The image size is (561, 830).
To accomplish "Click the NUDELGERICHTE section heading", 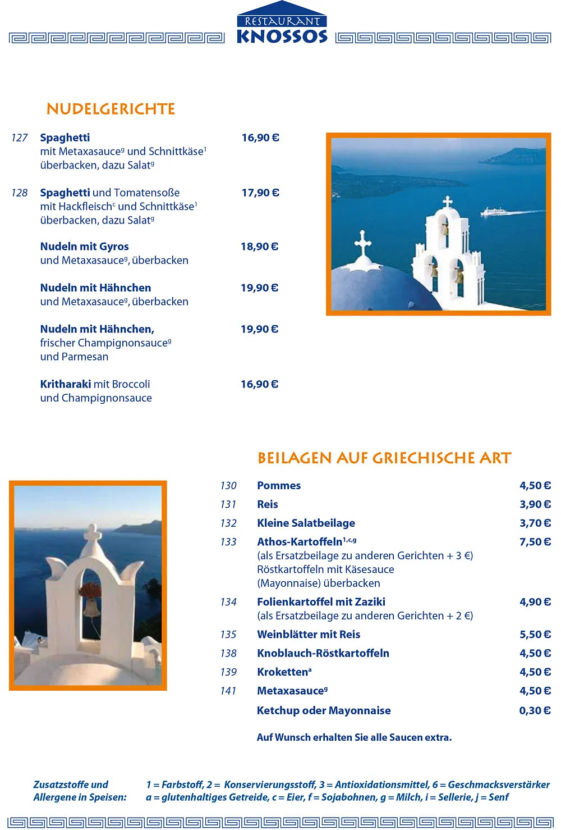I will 111,109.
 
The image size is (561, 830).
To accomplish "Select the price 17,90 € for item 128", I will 260,193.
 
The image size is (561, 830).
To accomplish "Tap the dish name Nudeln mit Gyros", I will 85,247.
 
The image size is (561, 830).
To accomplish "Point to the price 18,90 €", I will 259,247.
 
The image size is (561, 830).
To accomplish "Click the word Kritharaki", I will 65,384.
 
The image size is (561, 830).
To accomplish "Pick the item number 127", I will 19,138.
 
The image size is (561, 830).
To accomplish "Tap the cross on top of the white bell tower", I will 447,202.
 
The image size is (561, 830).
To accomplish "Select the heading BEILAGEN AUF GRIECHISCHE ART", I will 384,458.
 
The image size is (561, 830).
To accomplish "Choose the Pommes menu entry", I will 279,486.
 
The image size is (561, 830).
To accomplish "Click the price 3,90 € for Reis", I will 535,504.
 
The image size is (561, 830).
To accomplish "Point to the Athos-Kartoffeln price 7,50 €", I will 535,542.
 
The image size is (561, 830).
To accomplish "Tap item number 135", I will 228,635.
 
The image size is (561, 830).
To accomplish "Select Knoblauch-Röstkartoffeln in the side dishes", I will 323,653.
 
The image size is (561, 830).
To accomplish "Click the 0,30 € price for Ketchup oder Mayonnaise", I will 535,710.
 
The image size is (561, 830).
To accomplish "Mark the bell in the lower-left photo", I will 90,608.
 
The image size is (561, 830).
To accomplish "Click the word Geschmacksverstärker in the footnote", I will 499,785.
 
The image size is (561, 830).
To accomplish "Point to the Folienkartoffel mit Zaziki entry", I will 321,602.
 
